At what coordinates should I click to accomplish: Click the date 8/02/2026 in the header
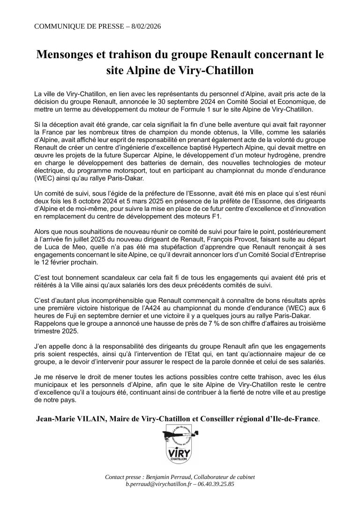(x=142, y=26)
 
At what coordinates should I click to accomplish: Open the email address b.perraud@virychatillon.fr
(x=156, y=484)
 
